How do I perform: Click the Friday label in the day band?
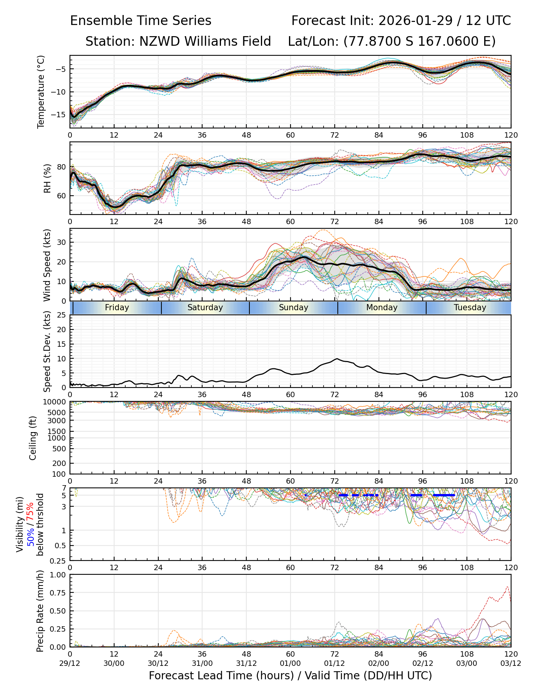click(x=117, y=308)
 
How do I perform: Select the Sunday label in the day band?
click(x=294, y=308)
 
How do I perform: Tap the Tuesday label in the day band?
click(x=470, y=308)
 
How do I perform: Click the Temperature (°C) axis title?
click(x=41, y=91)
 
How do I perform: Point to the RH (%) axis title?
click(x=47, y=178)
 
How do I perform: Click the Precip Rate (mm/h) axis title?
click(x=40, y=610)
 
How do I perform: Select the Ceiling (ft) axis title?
click(x=33, y=438)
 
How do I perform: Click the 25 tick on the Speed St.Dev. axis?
click(x=62, y=315)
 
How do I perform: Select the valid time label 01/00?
click(x=291, y=663)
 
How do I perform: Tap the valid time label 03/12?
click(x=511, y=663)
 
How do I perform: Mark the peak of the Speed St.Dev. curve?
click(x=337, y=359)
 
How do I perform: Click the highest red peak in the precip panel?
click(x=508, y=587)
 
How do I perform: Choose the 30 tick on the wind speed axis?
click(x=62, y=242)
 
